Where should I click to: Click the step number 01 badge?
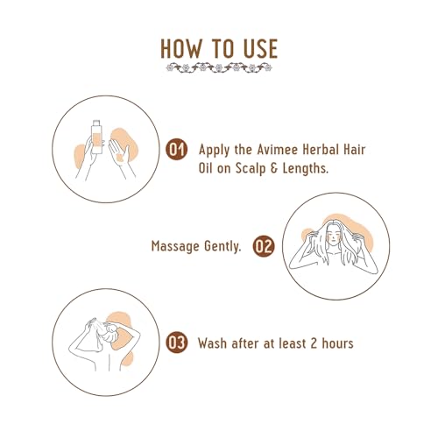coord(177,150)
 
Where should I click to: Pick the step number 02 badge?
coord(263,246)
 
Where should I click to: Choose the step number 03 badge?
coord(177,343)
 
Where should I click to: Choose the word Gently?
coord(224,247)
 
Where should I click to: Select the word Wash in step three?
coord(214,343)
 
